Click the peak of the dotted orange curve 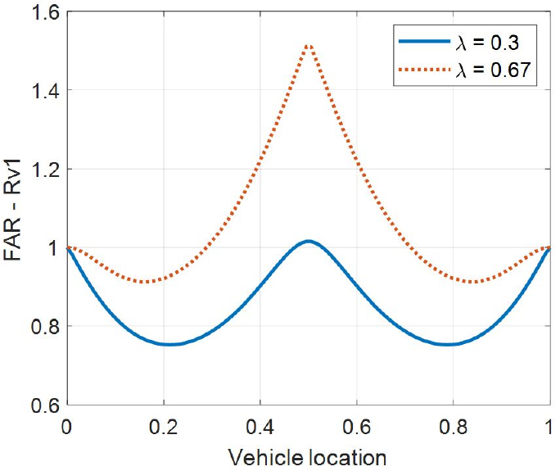[308, 45]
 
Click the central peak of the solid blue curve [308, 241]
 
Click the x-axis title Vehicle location [308, 455]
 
